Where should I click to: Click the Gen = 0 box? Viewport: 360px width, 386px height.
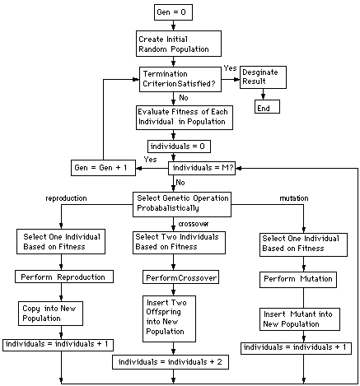tap(173, 12)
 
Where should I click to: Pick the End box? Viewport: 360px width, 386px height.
tap(268, 107)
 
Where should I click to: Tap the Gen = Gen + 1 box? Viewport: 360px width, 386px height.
tap(102, 168)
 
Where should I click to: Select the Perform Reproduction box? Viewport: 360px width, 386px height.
tap(64, 277)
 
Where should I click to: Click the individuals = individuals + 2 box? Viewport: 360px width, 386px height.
tap(171, 362)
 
